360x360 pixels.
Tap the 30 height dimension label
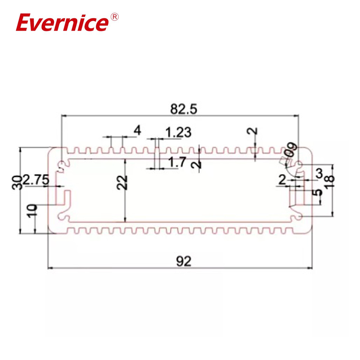[x=18, y=183]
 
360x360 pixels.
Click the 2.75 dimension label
[x=36, y=180]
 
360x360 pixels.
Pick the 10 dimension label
[x=31, y=211]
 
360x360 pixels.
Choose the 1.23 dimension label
[x=178, y=133]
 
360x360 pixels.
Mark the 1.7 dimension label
[x=177, y=162]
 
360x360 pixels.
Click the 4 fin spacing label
[x=137, y=130]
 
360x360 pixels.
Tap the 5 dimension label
[x=319, y=192]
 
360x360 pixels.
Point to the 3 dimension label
[x=319, y=173]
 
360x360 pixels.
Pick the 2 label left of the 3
[x=282, y=180]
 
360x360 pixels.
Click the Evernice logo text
[x=63, y=23]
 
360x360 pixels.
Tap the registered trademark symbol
[x=114, y=17]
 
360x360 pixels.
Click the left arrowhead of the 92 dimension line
[x=50, y=269]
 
